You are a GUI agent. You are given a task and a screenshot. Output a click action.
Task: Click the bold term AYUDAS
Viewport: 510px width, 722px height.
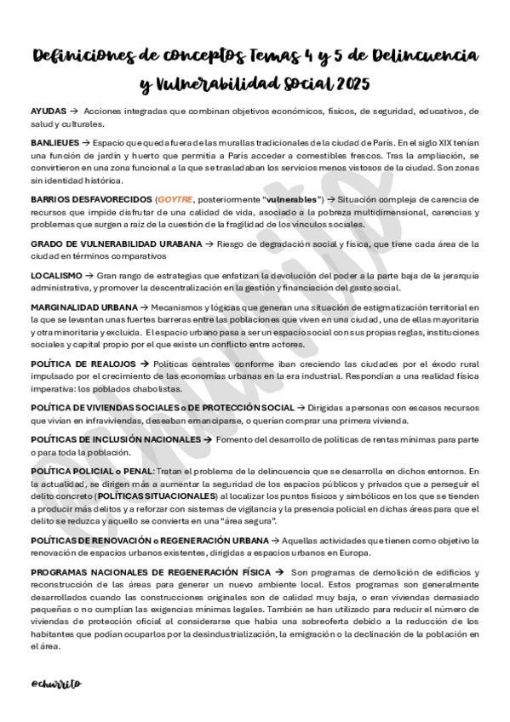coord(48,112)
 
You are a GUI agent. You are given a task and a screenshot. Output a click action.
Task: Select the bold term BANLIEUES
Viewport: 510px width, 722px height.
coord(54,143)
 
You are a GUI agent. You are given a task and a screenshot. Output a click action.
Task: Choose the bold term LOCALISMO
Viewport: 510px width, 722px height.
coord(56,276)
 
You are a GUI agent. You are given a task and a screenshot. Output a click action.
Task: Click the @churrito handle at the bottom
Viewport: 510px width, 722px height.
coord(55,684)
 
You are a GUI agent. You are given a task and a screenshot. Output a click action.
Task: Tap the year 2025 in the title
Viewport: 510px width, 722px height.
coord(352,84)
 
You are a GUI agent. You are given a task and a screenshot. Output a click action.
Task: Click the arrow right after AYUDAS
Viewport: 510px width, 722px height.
coord(74,112)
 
